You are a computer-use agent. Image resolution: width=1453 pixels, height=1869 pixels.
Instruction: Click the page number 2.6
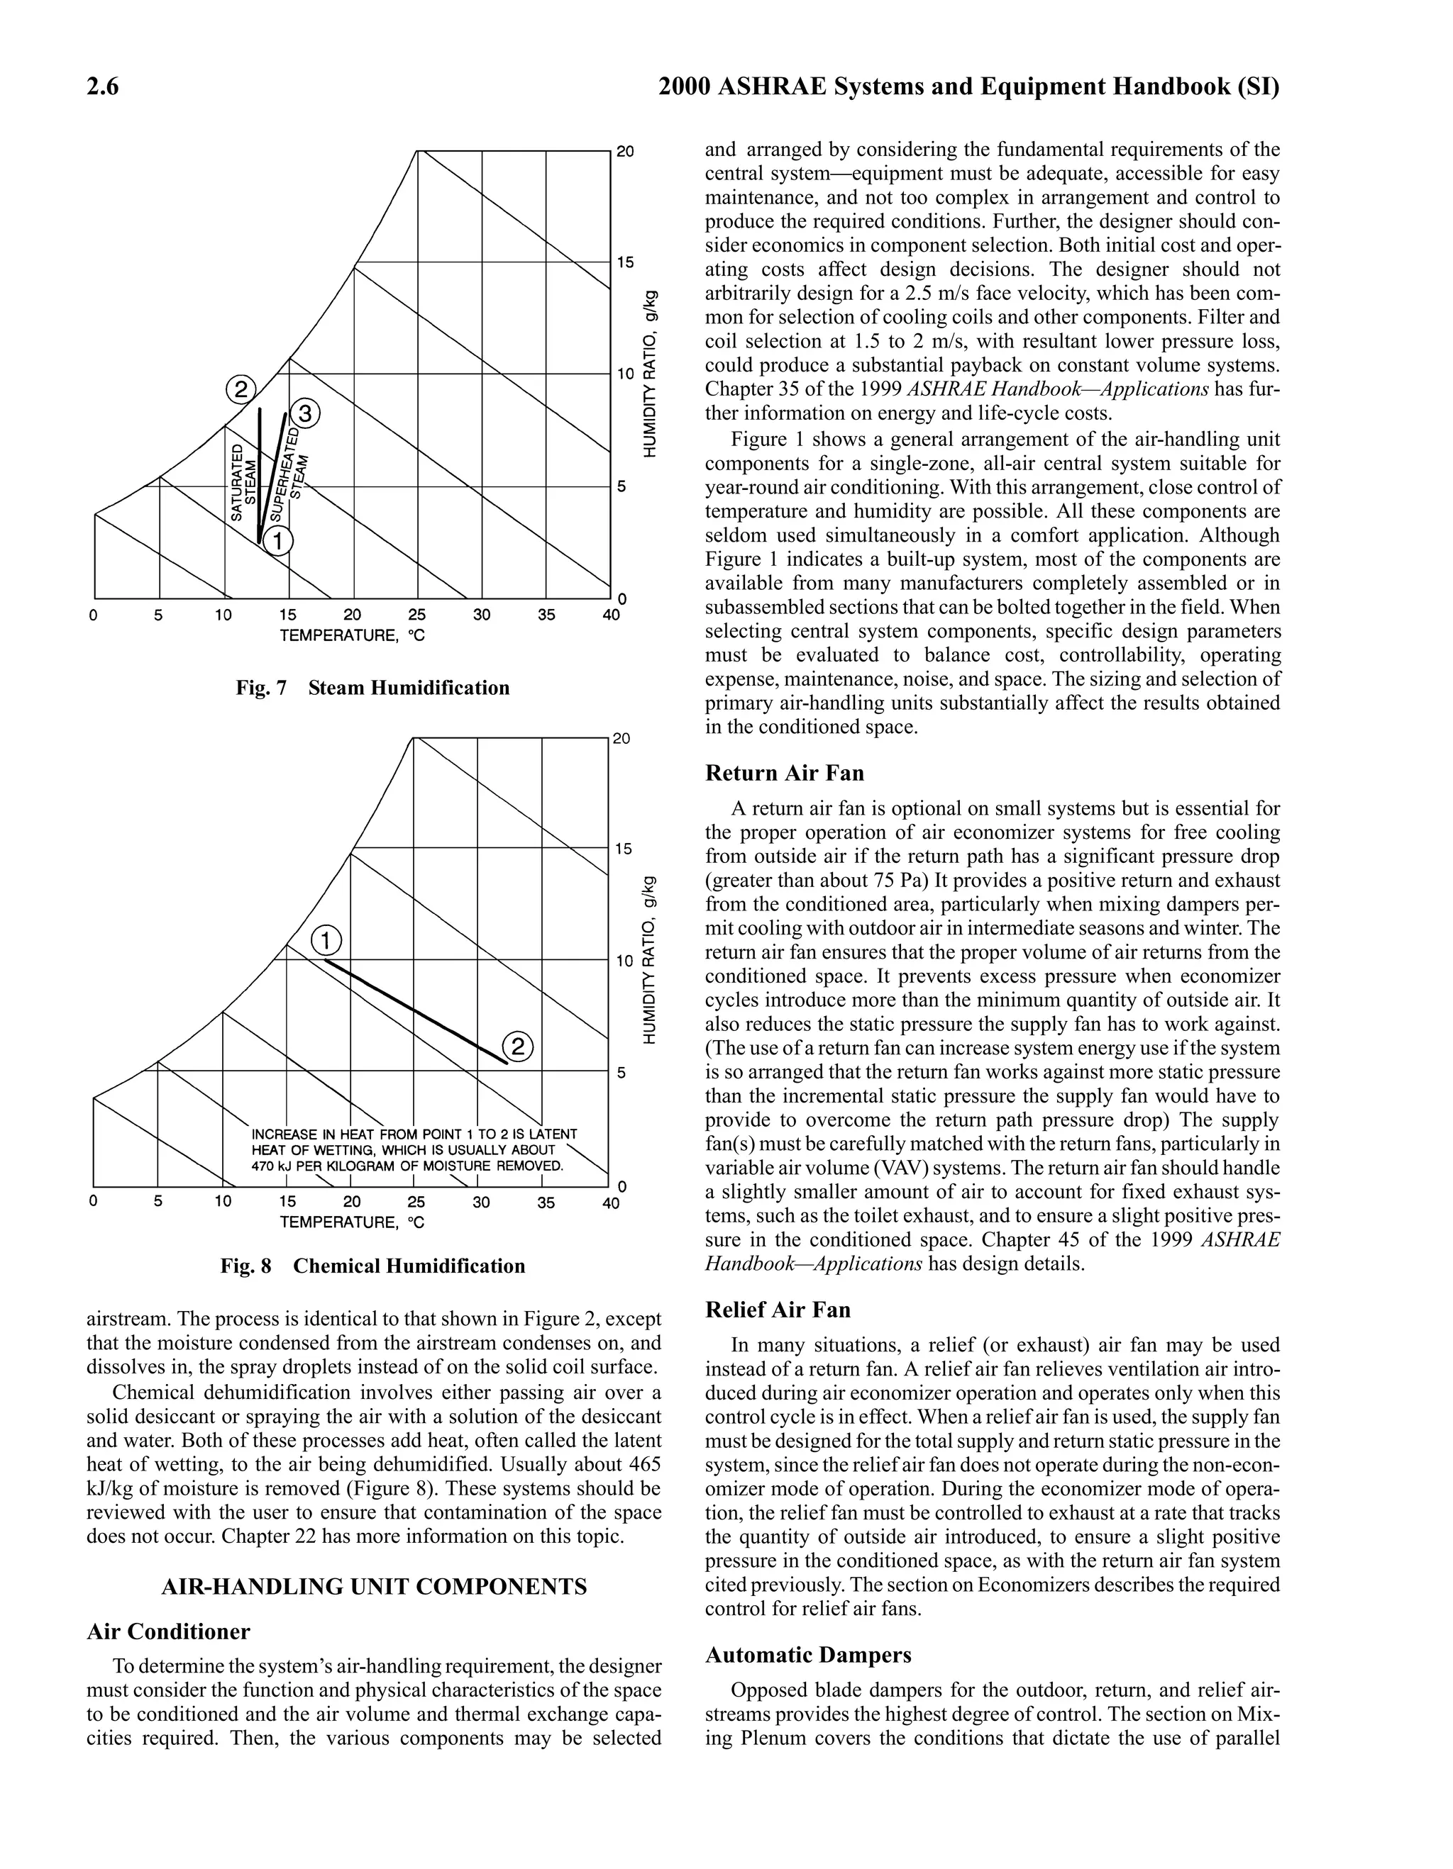[x=103, y=87]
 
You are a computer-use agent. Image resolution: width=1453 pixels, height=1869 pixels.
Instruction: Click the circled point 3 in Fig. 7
[x=306, y=413]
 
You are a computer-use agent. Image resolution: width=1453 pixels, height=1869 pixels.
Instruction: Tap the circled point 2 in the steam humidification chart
[x=241, y=390]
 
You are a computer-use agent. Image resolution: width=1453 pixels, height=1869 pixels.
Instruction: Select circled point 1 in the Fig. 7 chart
[x=277, y=541]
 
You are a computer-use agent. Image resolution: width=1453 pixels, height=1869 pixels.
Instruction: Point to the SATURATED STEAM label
[x=243, y=483]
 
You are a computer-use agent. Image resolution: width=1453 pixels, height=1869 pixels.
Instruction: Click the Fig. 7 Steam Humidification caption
[x=372, y=688]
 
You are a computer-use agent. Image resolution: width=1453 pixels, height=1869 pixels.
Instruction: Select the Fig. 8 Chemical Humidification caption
[x=372, y=1266]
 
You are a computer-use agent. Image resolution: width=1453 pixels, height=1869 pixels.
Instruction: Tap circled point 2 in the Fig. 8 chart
[x=518, y=1047]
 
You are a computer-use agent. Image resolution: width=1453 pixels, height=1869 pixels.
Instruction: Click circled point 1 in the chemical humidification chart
[x=326, y=940]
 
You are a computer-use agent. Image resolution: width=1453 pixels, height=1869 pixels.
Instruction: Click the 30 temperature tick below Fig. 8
[x=481, y=1202]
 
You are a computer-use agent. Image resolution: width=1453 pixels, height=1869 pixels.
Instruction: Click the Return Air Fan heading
[x=784, y=774]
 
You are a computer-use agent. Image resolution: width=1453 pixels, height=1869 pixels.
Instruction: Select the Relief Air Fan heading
[x=778, y=1310]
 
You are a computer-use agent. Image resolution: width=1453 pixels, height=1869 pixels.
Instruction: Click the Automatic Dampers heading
[x=808, y=1655]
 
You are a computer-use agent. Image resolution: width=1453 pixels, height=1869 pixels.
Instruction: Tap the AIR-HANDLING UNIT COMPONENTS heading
[x=374, y=1587]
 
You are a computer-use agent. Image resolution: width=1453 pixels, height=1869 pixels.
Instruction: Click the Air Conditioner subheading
[x=168, y=1632]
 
